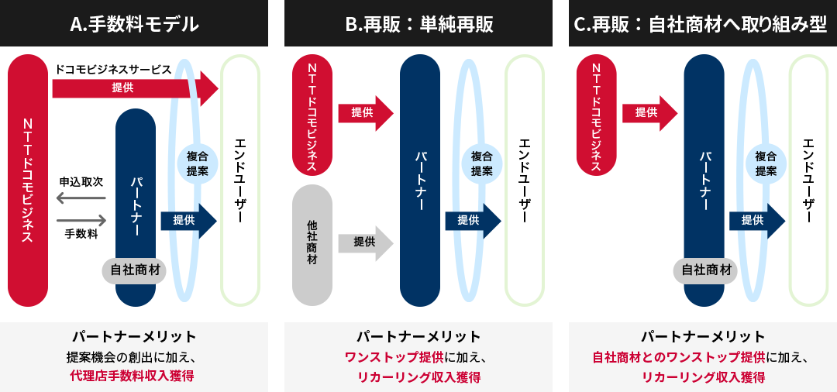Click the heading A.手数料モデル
134,24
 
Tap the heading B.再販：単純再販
418,24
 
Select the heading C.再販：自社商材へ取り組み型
702,24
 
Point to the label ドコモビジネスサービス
113,69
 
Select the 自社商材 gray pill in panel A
136,270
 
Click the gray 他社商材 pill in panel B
312,244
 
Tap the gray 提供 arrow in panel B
365,242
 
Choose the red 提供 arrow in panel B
365,113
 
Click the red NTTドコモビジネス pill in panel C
597,116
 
